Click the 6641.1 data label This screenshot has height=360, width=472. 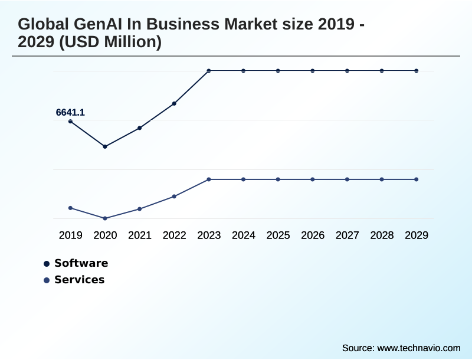tap(70, 112)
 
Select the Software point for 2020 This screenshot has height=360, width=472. tap(105, 146)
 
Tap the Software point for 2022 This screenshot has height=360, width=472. tap(174, 103)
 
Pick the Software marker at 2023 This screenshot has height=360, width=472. tap(209, 71)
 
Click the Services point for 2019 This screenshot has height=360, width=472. tap(70, 208)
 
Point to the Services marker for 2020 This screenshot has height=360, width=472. tap(105, 218)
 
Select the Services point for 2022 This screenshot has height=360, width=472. tap(174, 196)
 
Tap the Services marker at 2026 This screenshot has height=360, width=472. tap(313, 179)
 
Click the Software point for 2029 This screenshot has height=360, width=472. tap(417, 71)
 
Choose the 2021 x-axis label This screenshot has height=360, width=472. tap(140, 235)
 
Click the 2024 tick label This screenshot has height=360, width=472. tap(244, 235)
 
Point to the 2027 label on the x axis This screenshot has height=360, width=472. tap(348, 235)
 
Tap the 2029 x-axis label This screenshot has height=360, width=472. tap(417, 235)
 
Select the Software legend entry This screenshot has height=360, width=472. tap(81, 263)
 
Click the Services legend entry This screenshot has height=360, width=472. tap(79, 280)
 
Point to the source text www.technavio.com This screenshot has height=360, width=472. tap(419, 348)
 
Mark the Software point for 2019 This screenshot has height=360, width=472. tap(70, 121)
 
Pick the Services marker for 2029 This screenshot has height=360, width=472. tap(417, 179)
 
